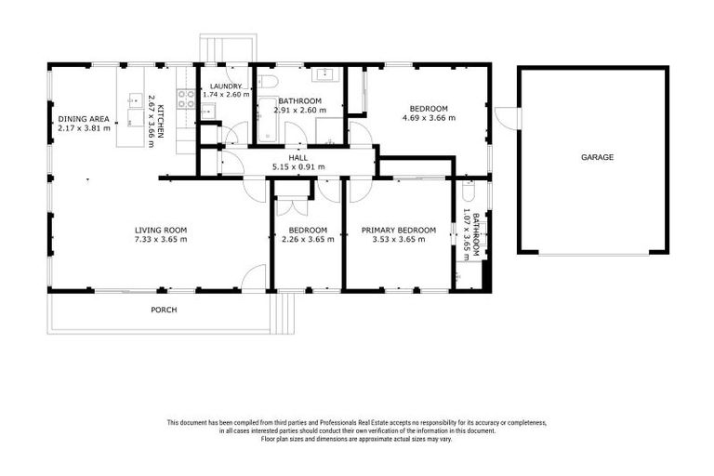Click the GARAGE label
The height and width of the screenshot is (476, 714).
pyautogui.click(x=597, y=158)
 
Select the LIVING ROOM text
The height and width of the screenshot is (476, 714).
pyautogui.click(x=161, y=230)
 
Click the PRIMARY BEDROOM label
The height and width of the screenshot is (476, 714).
pyautogui.click(x=399, y=230)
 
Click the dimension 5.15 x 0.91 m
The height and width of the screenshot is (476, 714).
pyautogui.click(x=297, y=167)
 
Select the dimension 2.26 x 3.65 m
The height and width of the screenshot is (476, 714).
pyautogui.click(x=307, y=240)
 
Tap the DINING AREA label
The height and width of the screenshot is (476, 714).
pyautogui.click(x=84, y=119)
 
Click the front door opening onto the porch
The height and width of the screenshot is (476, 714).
pyautogui.click(x=254, y=278)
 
